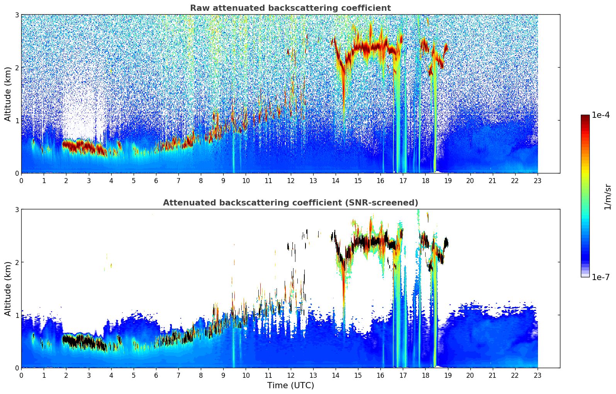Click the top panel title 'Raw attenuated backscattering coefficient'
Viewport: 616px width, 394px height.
pos(290,8)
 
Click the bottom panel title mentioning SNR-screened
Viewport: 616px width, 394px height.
pos(290,203)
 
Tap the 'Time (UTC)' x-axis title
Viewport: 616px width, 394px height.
pos(290,386)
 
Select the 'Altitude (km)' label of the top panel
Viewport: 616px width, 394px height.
pos(8,94)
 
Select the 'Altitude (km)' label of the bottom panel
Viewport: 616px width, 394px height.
pos(8,289)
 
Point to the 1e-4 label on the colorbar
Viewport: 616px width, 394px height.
pos(601,115)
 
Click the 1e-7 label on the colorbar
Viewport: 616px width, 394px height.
pos(601,277)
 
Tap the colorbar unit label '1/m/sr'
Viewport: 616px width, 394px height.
pos(608,197)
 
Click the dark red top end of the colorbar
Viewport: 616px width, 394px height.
pos(585,117)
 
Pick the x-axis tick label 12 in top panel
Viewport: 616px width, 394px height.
pos(290,180)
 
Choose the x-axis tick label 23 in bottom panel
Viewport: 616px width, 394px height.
pos(538,375)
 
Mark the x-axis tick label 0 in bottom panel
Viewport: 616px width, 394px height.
pos(21,375)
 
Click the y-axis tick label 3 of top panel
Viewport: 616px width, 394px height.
pos(17,15)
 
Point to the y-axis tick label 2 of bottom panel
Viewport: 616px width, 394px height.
pos(17,262)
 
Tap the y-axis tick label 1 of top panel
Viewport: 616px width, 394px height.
pos(17,121)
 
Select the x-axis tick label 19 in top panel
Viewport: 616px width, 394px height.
pos(448,180)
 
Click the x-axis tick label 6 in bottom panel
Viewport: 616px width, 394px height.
pos(156,375)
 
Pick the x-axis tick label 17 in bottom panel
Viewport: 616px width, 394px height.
pos(403,375)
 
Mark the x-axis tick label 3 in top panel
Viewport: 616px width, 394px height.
pos(88,180)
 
